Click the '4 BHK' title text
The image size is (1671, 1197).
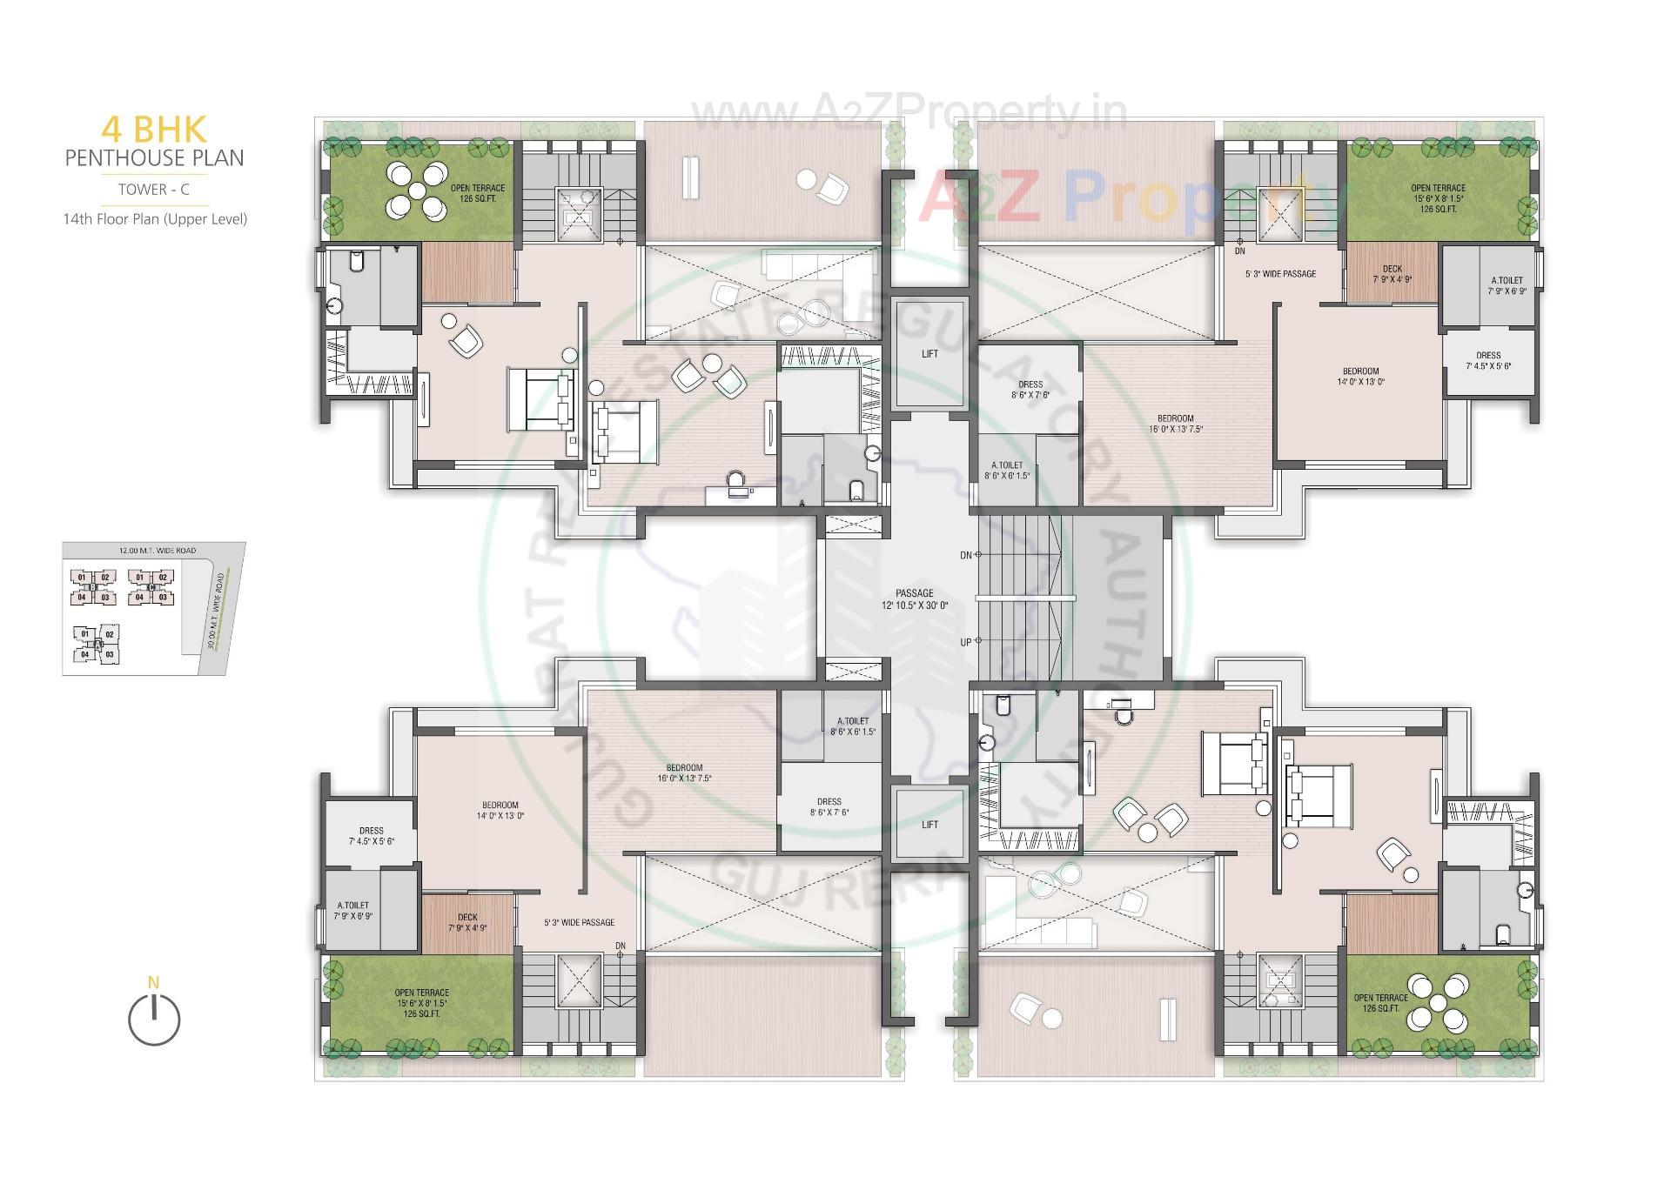(154, 129)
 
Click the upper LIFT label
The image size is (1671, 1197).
(929, 354)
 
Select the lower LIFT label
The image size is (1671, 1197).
(929, 825)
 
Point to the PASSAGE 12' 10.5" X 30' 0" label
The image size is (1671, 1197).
(914, 599)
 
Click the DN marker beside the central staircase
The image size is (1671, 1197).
(966, 555)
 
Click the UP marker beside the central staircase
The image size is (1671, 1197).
(966, 642)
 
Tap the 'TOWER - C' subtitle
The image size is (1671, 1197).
(154, 189)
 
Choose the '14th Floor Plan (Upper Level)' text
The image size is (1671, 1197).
(154, 219)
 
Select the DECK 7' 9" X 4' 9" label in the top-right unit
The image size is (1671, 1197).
(1392, 274)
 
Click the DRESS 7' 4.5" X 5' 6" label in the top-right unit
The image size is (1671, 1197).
(1488, 360)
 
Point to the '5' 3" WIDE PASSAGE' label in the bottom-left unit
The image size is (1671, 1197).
(579, 922)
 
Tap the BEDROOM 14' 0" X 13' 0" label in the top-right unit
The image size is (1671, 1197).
(1360, 376)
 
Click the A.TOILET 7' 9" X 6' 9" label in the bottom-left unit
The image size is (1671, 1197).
(353, 911)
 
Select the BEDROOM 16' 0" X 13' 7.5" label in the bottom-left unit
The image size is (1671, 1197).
(684, 773)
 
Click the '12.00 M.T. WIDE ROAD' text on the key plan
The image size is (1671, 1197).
(158, 551)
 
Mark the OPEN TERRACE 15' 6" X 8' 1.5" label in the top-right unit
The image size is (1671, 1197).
(1438, 198)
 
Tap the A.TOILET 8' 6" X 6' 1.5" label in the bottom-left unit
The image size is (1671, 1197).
(852, 726)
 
